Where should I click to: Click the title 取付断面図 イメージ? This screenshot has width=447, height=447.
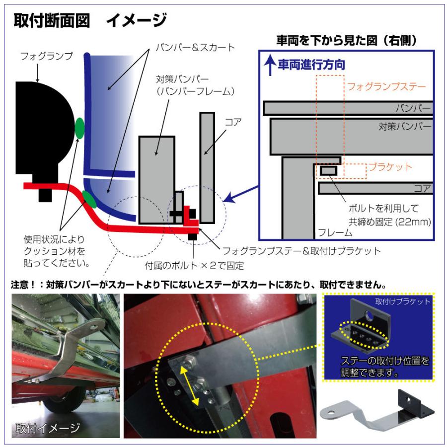(x=89, y=20)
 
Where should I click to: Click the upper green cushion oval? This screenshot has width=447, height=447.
(x=79, y=128)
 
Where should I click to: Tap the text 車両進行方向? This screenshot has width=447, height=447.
(x=311, y=65)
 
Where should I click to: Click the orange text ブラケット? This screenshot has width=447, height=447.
(x=389, y=167)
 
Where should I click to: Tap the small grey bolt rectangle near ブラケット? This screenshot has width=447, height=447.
(x=328, y=171)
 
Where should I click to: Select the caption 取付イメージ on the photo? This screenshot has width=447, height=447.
(x=48, y=427)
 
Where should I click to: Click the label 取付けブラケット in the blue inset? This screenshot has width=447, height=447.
(x=403, y=301)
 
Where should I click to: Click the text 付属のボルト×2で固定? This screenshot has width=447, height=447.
(x=194, y=265)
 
